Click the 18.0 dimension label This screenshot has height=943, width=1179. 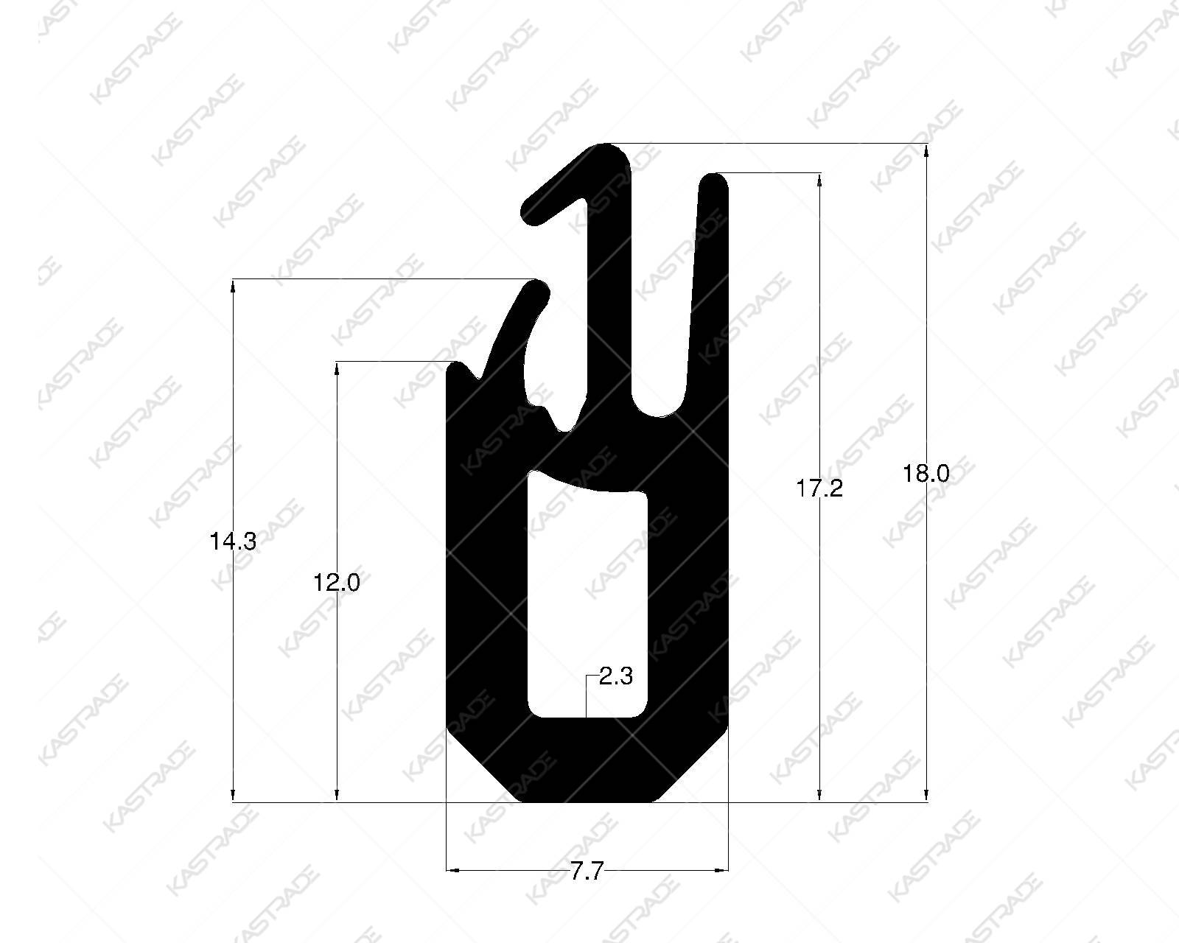point(926,474)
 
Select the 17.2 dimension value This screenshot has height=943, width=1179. point(819,488)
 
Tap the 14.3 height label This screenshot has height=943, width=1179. point(233,542)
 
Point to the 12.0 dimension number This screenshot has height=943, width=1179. point(337,583)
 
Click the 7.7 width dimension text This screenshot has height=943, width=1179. point(587,872)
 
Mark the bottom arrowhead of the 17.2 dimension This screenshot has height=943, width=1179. point(819,795)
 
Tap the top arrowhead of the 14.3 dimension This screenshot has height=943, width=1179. point(233,287)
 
